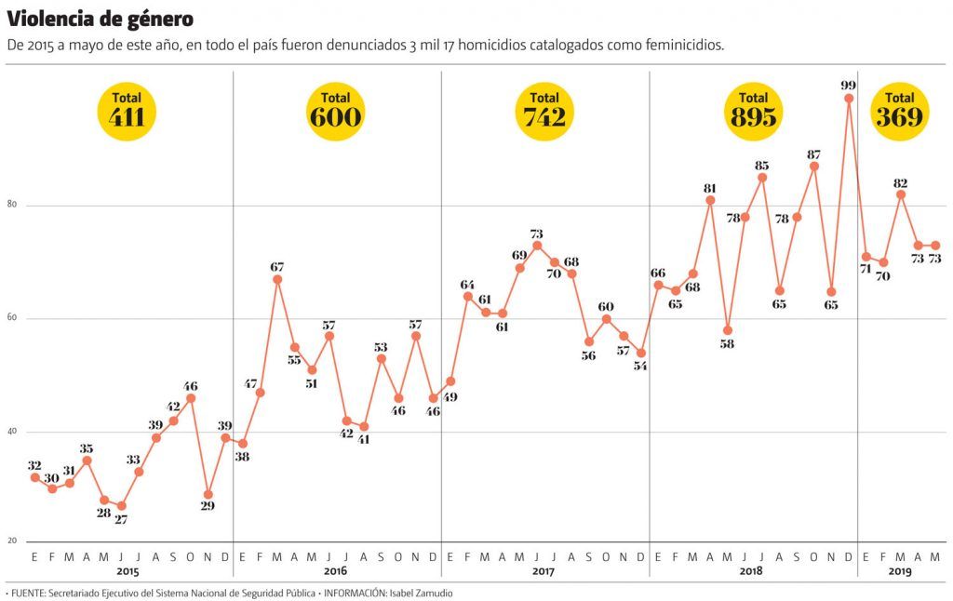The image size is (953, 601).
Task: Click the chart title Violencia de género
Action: click(x=101, y=19)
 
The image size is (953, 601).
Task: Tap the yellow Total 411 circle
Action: click(x=127, y=111)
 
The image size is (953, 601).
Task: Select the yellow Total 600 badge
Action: click(x=336, y=111)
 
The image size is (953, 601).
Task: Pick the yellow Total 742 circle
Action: click(x=544, y=111)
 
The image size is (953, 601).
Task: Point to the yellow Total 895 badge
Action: click(x=753, y=111)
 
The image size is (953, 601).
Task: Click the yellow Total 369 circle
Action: click(x=899, y=111)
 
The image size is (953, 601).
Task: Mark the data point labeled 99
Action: click(x=849, y=98)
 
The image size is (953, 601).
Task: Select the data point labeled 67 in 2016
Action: click(x=277, y=279)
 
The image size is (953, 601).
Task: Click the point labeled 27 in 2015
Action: click(x=121, y=506)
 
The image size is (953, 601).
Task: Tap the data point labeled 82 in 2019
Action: click(x=901, y=194)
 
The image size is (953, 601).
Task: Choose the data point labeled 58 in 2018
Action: click(x=728, y=330)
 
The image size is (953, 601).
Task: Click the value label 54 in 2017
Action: click(x=640, y=366)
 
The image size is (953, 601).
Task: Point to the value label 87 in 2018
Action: click(x=813, y=154)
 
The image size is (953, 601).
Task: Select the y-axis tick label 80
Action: click(x=13, y=206)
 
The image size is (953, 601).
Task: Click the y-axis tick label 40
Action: click(x=13, y=432)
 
